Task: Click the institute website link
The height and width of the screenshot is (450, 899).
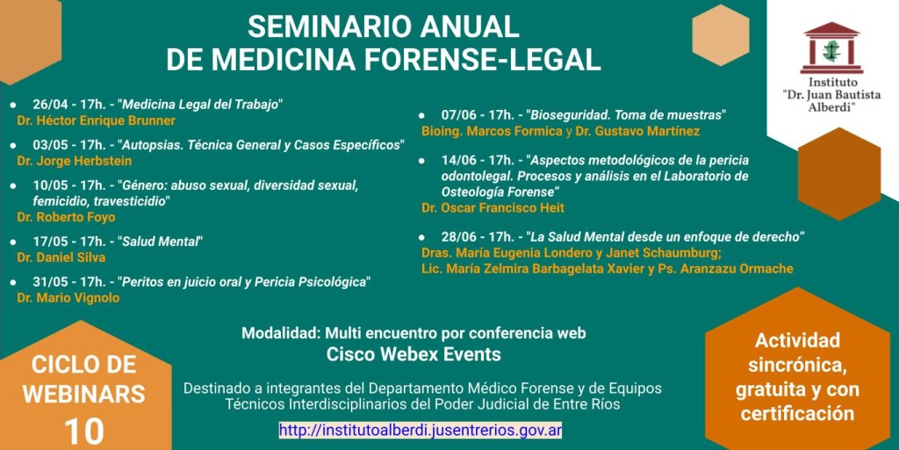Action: (x=421, y=429)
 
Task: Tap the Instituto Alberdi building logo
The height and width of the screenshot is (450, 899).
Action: (x=831, y=48)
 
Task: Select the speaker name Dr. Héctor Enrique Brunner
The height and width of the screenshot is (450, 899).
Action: (x=97, y=121)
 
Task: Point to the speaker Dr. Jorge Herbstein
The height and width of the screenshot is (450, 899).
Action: (x=75, y=162)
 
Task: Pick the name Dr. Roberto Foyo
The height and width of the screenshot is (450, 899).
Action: (x=66, y=218)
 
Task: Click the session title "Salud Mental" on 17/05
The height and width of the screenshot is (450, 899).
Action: (x=161, y=241)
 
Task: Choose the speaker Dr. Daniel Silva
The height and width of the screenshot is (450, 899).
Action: (x=61, y=258)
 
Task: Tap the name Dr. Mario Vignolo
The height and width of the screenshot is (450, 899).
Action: (x=68, y=298)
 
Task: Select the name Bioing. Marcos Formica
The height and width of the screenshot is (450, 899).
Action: (x=492, y=131)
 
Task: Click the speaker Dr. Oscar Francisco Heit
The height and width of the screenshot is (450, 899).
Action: (x=493, y=207)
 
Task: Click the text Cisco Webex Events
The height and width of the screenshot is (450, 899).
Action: (x=414, y=354)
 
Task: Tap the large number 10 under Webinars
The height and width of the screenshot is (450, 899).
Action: (x=84, y=432)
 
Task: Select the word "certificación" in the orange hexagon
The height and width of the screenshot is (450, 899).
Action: (x=797, y=413)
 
